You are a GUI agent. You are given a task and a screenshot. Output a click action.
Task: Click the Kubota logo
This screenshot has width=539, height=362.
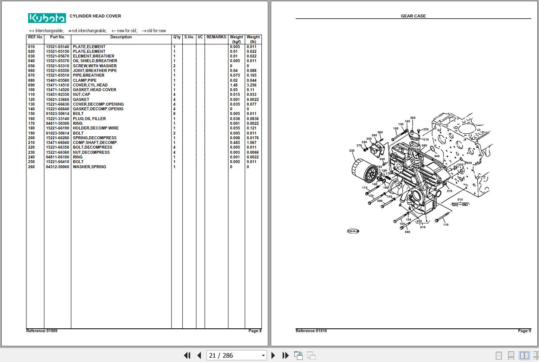click(x=47, y=18)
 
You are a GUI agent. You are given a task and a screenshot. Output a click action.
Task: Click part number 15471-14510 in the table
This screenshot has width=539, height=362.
click(x=57, y=85)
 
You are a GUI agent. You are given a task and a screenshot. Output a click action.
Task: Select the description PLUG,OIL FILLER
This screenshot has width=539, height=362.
click(x=89, y=119)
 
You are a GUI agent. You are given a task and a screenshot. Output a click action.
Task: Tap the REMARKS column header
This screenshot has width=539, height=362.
click(x=216, y=37)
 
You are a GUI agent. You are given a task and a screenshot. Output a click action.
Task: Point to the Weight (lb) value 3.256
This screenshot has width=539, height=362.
click(x=251, y=85)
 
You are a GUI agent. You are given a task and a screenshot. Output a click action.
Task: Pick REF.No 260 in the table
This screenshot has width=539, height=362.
click(x=32, y=167)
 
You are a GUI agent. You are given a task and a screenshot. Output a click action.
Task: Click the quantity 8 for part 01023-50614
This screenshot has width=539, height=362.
click(x=174, y=114)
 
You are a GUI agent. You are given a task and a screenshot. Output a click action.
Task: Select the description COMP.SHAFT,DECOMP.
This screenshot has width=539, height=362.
click(x=95, y=143)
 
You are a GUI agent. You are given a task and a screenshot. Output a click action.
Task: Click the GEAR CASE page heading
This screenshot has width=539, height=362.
click(x=413, y=16)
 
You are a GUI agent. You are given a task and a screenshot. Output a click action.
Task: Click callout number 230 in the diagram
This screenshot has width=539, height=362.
click(x=352, y=151)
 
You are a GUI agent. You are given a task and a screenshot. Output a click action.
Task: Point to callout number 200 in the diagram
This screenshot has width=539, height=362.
click(x=413, y=118)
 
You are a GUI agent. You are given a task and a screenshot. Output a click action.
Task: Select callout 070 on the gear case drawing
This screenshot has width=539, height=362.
click(x=450, y=191)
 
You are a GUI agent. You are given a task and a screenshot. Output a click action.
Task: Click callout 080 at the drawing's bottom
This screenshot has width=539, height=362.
click(x=407, y=232)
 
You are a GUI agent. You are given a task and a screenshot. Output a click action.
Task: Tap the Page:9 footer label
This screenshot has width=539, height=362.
click(x=524, y=331)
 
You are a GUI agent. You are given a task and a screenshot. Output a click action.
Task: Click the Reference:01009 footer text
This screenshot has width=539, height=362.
click(x=42, y=331)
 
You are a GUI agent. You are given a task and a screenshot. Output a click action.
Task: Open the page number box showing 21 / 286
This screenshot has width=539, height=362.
click(x=236, y=355)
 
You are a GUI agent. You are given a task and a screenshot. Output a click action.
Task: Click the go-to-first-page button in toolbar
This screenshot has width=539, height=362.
click(x=187, y=355)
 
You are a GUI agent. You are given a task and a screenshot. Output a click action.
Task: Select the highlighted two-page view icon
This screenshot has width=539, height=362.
click(x=525, y=355)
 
